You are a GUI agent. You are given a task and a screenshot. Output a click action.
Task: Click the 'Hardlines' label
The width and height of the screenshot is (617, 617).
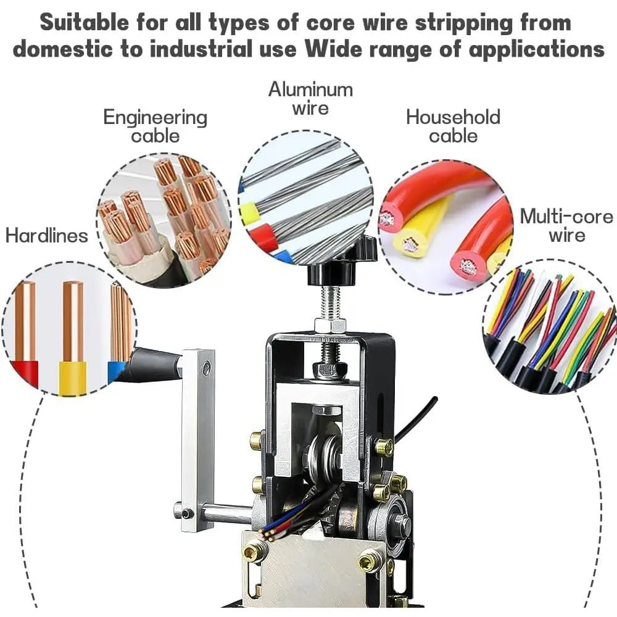(46, 235)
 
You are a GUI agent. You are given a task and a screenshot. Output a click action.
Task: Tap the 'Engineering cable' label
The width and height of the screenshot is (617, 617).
(155, 126)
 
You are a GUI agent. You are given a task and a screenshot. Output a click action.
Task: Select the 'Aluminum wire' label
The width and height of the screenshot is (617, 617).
(310, 98)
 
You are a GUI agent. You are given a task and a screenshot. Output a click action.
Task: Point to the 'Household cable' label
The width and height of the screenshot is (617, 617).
(453, 126)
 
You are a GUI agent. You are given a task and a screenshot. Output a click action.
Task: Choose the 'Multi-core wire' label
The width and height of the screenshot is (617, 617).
(566, 226)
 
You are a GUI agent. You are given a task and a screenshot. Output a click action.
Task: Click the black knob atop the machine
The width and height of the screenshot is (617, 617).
(333, 260)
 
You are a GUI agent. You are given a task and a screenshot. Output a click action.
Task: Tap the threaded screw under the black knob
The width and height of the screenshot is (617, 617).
(331, 302)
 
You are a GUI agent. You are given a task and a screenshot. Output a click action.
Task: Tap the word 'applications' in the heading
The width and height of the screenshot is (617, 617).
(536, 49)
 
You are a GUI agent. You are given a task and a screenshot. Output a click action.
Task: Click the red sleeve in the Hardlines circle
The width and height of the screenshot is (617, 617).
(26, 373)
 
